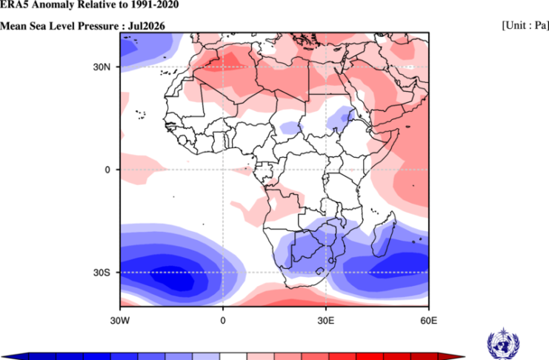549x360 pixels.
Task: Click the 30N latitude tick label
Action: (102, 67)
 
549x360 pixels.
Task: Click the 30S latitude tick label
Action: (102, 273)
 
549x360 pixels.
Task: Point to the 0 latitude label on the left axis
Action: (107, 170)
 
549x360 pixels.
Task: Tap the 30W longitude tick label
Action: (120, 321)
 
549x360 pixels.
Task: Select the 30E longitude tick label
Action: (325, 321)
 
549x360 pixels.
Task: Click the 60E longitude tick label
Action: (428, 321)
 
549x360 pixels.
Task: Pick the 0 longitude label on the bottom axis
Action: (223, 321)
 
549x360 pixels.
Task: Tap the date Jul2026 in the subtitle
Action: (147, 26)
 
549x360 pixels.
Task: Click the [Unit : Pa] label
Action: (525, 26)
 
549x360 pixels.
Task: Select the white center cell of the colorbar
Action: (233, 356)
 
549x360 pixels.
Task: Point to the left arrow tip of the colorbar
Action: (3, 357)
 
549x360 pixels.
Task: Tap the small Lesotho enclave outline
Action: (320, 270)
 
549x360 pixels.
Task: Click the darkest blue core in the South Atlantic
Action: (173, 278)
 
